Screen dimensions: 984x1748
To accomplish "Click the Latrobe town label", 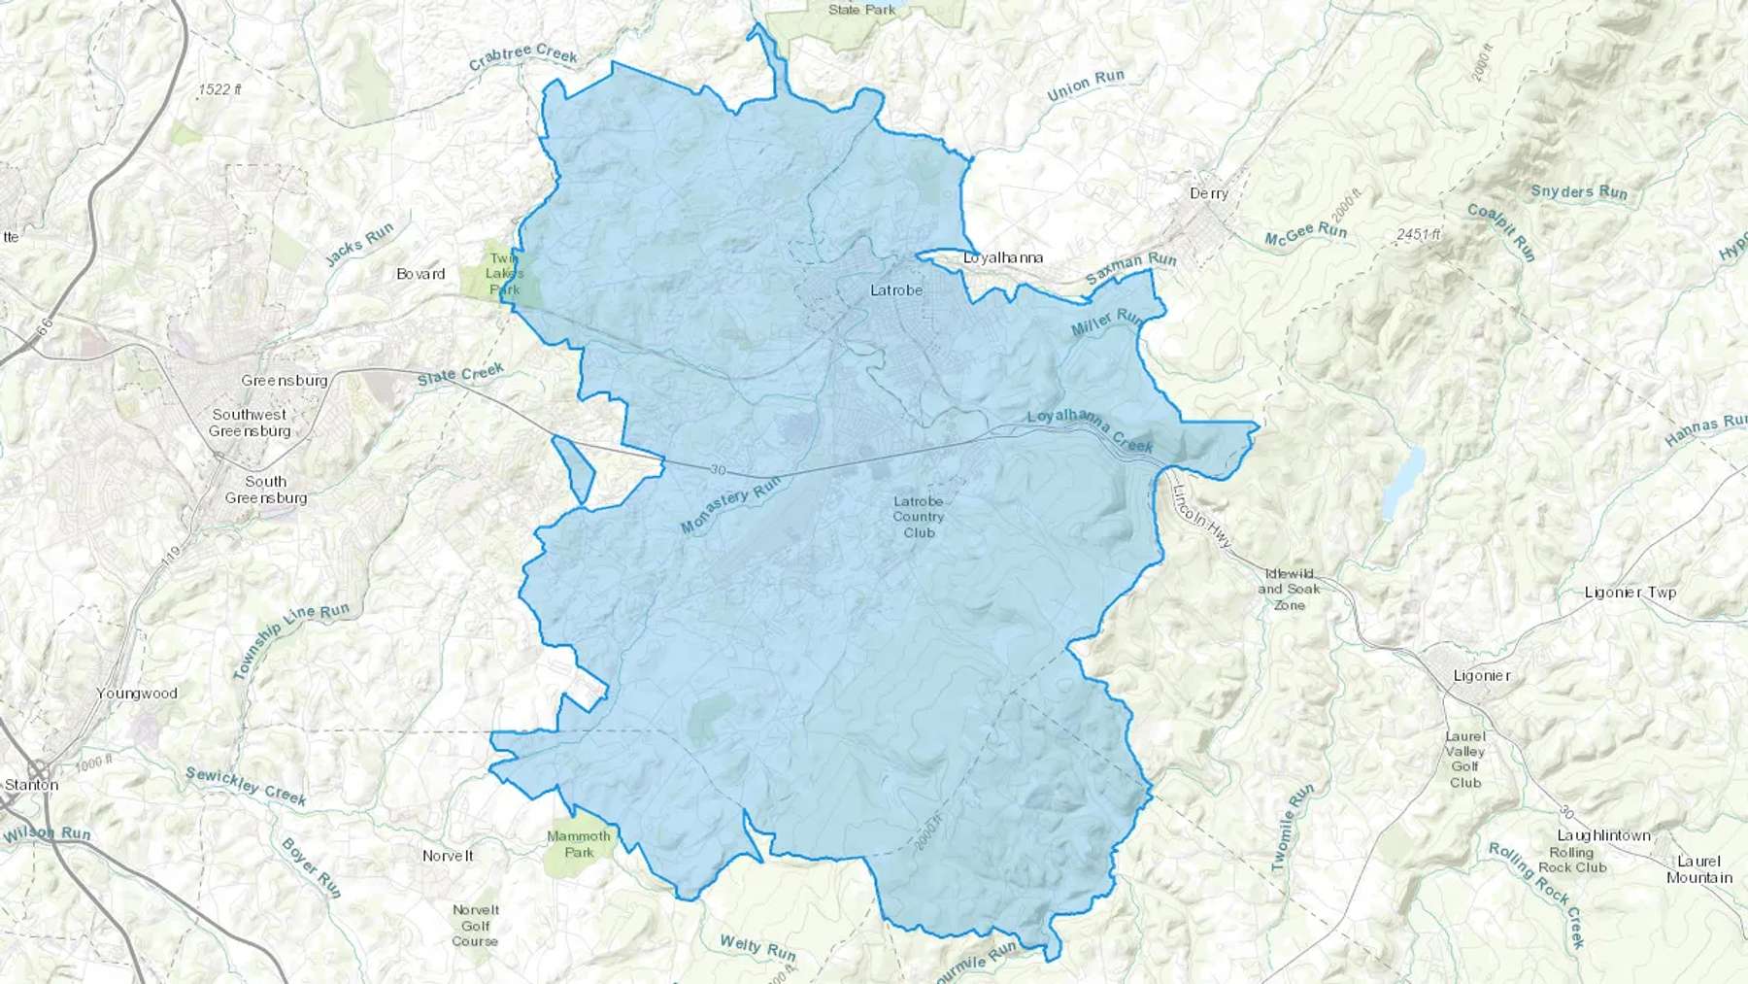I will (x=896, y=290).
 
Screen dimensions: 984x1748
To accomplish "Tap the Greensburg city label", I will (x=285, y=381).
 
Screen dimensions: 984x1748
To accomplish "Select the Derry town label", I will (x=1209, y=193).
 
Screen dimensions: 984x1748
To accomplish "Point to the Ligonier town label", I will (x=1482, y=676).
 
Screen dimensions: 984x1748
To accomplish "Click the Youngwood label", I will (x=137, y=694).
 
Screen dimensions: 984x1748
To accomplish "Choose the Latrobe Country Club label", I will (x=918, y=517).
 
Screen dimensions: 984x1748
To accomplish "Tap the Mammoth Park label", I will (x=579, y=844).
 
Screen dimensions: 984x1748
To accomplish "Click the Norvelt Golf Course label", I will (x=475, y=926).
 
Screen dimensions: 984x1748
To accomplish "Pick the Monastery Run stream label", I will (x=730, y=509).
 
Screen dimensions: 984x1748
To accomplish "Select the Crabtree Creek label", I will (x=522, y=57).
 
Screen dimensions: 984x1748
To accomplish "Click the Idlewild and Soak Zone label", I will (x=1289, y=590).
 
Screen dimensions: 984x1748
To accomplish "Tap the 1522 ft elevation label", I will (x=219, y=89).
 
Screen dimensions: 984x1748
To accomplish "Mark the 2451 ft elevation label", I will (x=1418, y=234).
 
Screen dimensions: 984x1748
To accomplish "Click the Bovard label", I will (x=420, y=274).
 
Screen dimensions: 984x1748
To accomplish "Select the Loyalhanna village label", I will (x=1003, y=257).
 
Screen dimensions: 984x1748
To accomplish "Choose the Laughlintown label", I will (x=1603, y=835).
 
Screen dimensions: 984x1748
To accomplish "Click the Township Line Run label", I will (x=290, y=641).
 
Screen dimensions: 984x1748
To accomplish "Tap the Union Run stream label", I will (x=1086, y=86).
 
